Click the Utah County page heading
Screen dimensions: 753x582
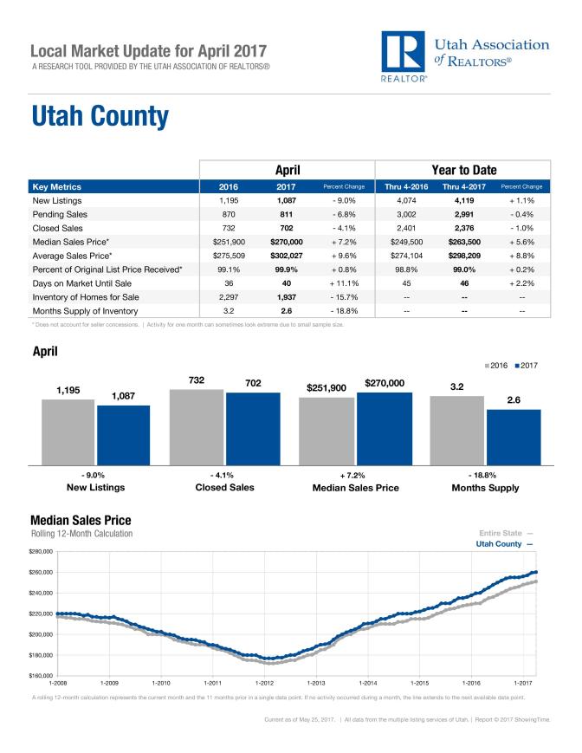(x=100, y=115)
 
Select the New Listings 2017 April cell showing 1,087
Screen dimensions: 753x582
(x=287, y=200)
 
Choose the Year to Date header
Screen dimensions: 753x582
(x=462, y=170)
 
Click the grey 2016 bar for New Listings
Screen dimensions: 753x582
(x=68, y=431)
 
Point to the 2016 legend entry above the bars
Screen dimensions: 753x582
(x=496, y=366)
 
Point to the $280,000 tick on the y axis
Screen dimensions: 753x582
(x=42, y=551)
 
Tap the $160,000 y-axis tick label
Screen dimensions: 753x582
(x=42, y=675)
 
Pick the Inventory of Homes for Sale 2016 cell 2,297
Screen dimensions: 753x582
(x=230, y=296)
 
